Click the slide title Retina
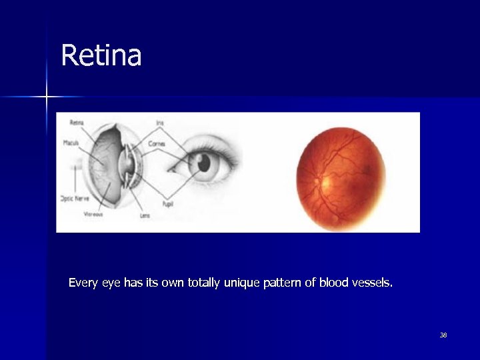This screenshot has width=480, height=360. (101, 55)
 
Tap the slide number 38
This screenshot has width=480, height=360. (443, 335)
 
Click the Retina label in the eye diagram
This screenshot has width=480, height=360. (77, 123)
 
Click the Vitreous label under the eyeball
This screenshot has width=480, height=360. (93, 215)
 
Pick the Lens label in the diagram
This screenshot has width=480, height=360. (145, 215)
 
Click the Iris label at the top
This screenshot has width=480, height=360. (160, 123)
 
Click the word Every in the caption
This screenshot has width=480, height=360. (83, 283)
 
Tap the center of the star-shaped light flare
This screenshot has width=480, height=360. (47, 97)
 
